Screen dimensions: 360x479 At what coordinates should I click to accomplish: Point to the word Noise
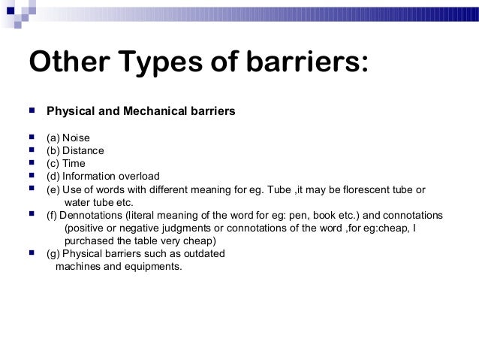click(x=76, y=138)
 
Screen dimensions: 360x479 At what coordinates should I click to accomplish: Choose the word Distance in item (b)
click(x=83, y=150)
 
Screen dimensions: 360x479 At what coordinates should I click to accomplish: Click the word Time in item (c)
click(x=74, y=163)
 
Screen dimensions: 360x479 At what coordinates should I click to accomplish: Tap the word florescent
click(x=363, y=189)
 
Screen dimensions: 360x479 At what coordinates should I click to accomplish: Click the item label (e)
click(x=53, y=189)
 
